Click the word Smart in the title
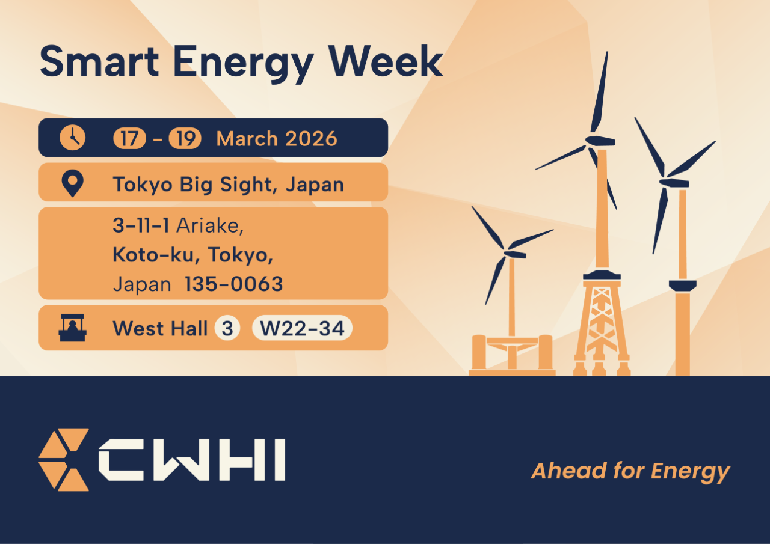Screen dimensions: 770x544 [99, 61]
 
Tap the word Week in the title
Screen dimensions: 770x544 [386, 61]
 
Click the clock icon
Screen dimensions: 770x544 [73, 138]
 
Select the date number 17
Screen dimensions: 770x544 [129, 138]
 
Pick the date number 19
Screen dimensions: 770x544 [185, 138]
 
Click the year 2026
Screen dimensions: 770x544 [311, 139]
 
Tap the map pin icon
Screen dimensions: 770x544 [73, 183]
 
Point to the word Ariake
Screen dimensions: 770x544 [210, 225]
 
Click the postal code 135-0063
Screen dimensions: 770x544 [234, 284]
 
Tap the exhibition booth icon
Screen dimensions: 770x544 [73, 328]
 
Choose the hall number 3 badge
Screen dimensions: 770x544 [227, 328]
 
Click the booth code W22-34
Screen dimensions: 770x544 [302, 328]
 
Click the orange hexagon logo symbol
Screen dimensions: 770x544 [64, 459]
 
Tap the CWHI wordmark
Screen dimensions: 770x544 [192, 460]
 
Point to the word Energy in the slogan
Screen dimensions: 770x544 [690, 472]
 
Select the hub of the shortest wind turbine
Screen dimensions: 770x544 [514, 254]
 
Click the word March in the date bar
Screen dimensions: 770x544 [247, 139]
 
